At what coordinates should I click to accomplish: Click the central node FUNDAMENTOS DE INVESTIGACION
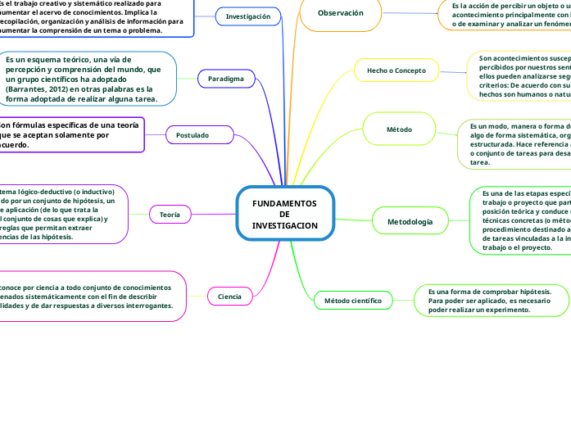pos(284,213)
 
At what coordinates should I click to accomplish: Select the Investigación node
pos(247,16)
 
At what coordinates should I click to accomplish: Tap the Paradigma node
pos(226,79)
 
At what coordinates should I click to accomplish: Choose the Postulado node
pos(193,134)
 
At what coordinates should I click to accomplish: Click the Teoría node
pos(170,214)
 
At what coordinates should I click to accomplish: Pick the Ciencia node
pos(230,295)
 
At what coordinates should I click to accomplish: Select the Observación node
pos(340,13)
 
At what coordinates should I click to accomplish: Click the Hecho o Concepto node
pos(396,70)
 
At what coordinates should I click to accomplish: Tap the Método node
pos(399,129)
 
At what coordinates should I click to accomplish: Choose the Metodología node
pos(410,221)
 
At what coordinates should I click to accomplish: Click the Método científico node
pos(353,301)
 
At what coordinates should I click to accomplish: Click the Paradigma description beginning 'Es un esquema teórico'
pos(88,79)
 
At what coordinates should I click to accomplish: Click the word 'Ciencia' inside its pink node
pos(230,296)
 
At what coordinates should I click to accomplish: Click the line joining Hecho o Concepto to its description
pos(451,70)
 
